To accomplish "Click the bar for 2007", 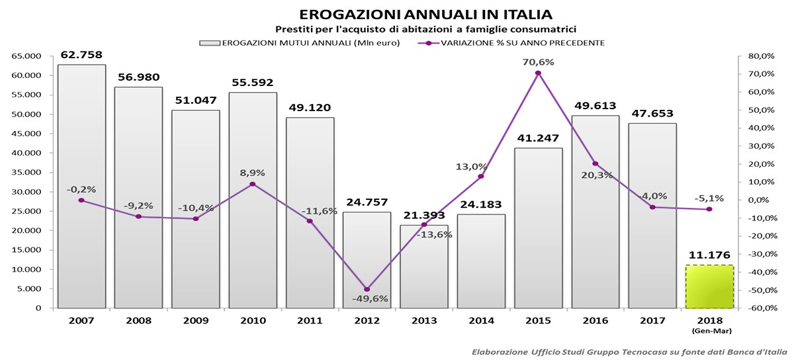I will click(x=81, y=186).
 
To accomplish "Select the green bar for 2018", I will click(x=709, y=287).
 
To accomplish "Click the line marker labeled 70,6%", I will click(x=538, y=73).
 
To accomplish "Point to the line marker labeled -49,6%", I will click(x=367, y=289).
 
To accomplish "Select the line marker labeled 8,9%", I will click(x=253, y=184).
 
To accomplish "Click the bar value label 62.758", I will click(x=81, y=55).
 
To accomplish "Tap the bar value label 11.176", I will click(x=709, y=255).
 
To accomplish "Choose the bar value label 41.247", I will click(x=538, y=138).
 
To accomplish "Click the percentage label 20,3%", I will click(x=595, y=175).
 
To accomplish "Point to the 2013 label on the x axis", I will click(x=423, y=320).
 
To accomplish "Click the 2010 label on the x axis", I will click(x=253, y=320).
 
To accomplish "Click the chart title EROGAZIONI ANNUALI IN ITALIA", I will click(x=425, y=14).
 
